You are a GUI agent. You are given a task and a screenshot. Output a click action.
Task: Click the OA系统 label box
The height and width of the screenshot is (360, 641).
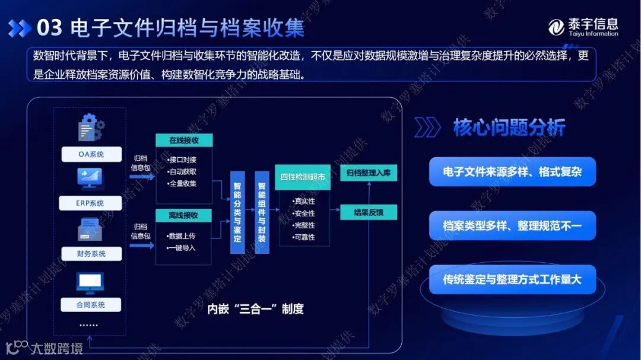coord(91,154)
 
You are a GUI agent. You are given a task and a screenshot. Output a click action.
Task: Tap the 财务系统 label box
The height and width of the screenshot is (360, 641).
coord(91,253)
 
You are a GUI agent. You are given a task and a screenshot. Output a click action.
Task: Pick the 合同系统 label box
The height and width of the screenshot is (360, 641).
coord(91,304)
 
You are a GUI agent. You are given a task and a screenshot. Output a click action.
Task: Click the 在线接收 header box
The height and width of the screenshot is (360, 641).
coord(184,141)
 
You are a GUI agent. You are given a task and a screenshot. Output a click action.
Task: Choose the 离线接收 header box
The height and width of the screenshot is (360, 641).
coord(184,215)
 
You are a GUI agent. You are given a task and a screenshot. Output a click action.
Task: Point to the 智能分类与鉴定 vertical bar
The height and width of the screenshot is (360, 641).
coord(237,212)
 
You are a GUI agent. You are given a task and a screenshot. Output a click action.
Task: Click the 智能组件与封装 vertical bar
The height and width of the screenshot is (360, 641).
coord(262,212)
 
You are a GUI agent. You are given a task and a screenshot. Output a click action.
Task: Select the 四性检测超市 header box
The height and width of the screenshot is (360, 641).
coord(303,177)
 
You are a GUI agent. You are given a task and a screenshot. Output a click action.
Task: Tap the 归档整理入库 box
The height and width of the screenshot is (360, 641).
coord(369,173)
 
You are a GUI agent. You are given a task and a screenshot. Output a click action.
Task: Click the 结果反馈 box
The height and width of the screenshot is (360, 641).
coord(369,212)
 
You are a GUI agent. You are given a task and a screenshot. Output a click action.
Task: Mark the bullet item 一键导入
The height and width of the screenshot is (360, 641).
coord(182,248)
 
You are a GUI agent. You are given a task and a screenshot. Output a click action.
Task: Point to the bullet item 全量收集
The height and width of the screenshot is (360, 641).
coord(183,183)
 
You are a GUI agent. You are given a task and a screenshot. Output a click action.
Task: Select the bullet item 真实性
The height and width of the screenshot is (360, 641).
coord(304,201)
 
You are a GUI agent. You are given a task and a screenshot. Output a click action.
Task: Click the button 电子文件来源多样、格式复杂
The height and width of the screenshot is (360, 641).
coord(512,172)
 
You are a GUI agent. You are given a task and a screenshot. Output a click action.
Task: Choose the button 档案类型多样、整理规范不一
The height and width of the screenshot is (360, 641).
coord(512,225)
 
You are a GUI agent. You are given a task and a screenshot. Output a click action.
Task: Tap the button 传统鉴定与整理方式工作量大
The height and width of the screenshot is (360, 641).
coord(512,279)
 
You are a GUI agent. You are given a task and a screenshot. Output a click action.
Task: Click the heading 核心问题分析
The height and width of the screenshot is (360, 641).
coord(509,128)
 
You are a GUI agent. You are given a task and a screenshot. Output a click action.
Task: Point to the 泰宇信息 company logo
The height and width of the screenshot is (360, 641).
coord(583,27)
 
